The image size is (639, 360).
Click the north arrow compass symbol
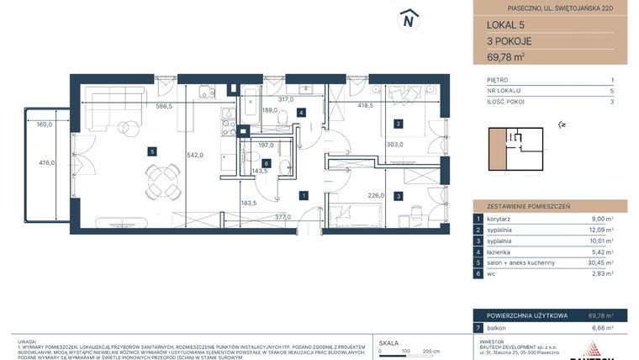click(409, 19)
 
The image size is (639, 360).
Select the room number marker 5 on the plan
click(151, 151)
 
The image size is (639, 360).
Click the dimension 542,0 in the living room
click(195, 155)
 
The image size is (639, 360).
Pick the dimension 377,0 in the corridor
click(283, 216)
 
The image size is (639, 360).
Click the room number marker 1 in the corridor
click(304, 195)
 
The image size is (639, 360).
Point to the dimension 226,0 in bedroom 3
click(375, 195)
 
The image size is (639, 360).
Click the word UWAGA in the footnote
click(27, 334)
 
